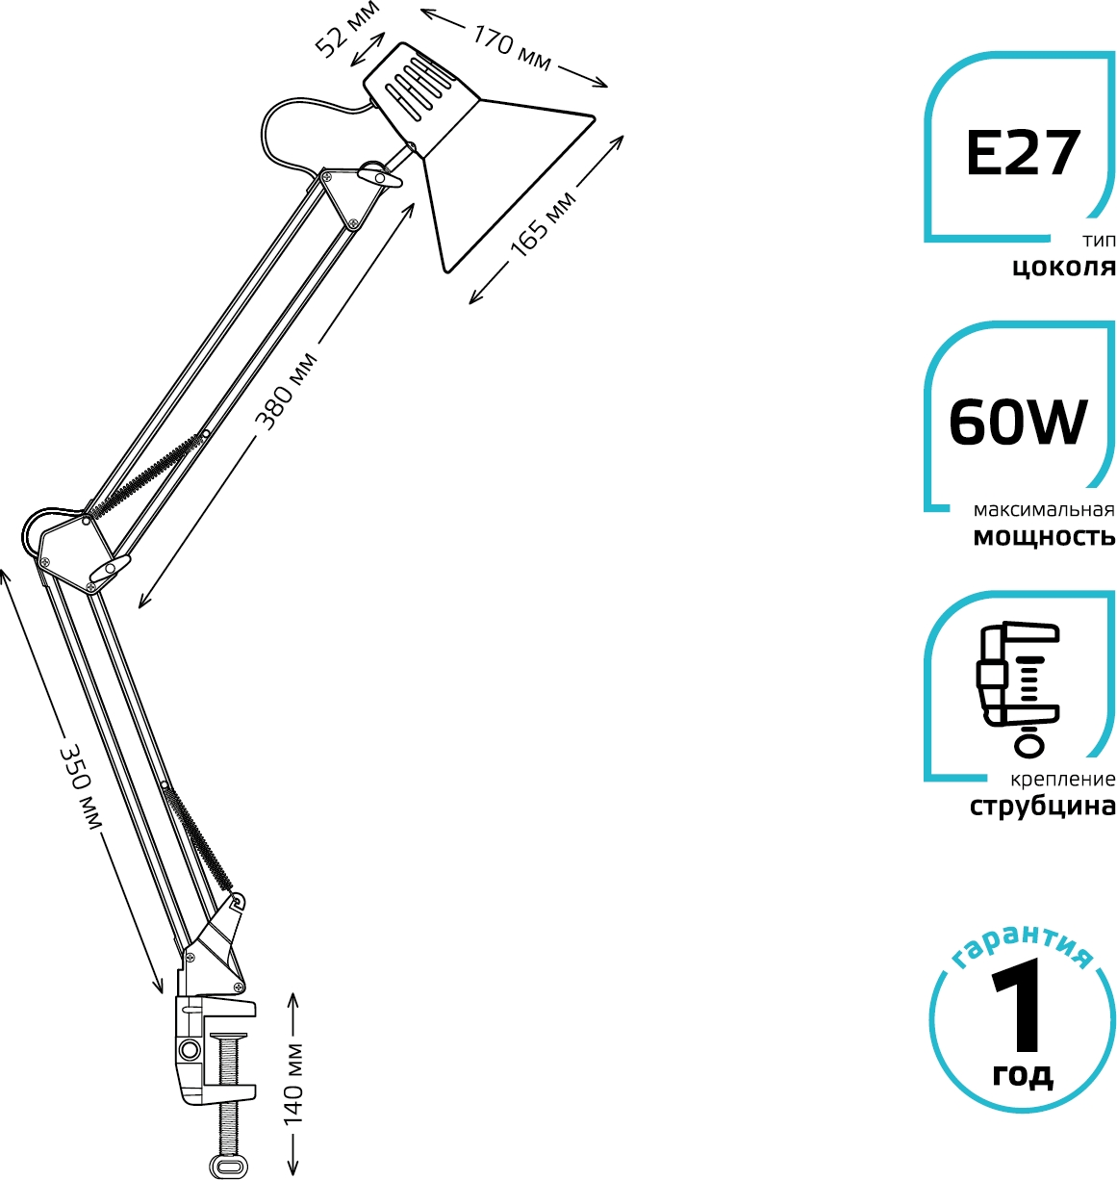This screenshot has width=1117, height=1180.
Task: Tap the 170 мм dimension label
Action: click(x=512, y=47)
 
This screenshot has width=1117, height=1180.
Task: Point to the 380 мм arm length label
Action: click(x=287, y=392)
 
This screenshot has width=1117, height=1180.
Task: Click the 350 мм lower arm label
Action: click(x=80, y=786)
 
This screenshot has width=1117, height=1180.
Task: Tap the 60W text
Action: click(x=1018, y=423)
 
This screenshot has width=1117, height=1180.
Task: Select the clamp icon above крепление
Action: click(x=1018, y=689)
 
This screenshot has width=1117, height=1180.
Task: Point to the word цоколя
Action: click(x=1063, y=268)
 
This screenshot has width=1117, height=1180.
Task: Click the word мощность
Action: click(x=1044, y=537)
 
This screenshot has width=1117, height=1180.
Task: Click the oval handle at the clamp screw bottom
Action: click(x=228, y=1167)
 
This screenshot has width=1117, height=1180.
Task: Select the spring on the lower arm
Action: click(x=197, y=837)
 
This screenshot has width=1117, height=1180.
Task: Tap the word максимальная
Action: click(x=1044, y=510)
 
